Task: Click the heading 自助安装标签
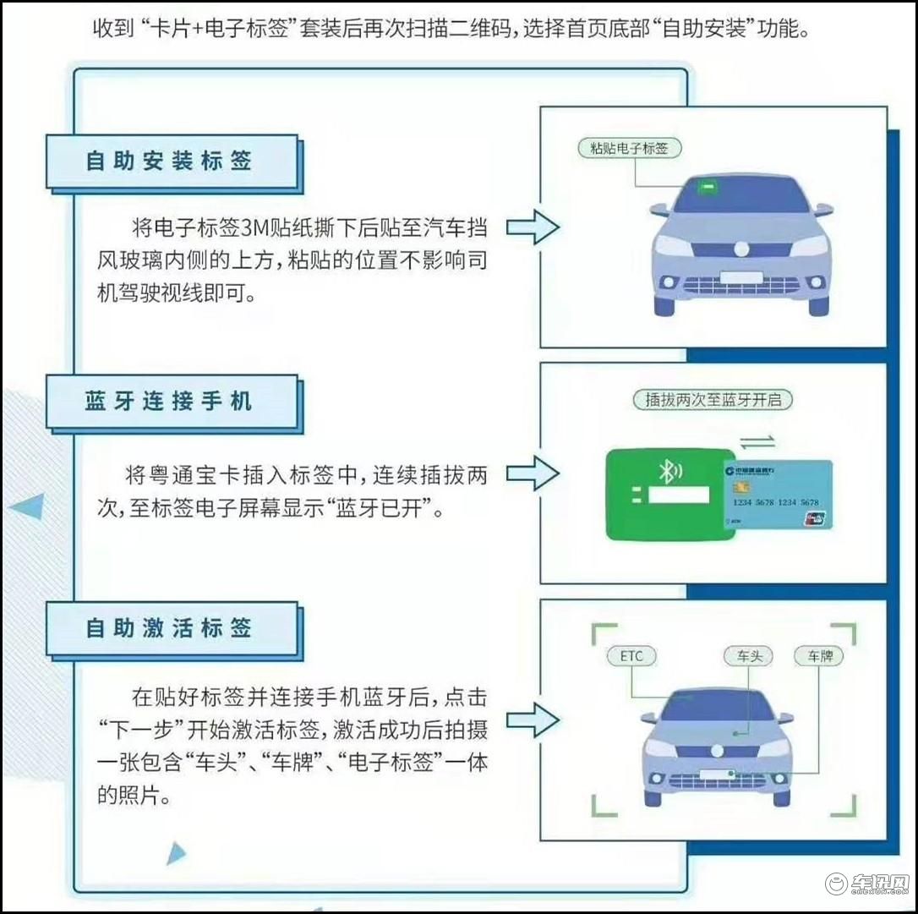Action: pyautogui.click(x=168, y=161)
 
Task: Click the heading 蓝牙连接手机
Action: pyautogui.click(x=168, y=401)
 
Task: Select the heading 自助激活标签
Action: pyautogui.click(x=168, y=627)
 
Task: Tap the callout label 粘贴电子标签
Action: pyautogui.click(x=630, y=148)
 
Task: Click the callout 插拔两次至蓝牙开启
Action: pyautogui.click(x=713, y=400)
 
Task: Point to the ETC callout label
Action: pyautogui.click(x=631, y=656)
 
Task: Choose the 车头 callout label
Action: pyautogui.click(x=749, y=656)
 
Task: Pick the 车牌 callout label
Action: pyautogui.click(x=819, y=656)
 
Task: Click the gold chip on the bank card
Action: pyautogui.click(x=742, y=486)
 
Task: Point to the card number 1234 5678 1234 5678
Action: pyautogui.click(x=776, y=502)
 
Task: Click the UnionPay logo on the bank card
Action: pyautogui.click(x=814, y=518)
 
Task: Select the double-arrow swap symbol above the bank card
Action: pyautogui.click(x=757, y=441)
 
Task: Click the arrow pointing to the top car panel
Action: pyautogui.click(x=533, y=227)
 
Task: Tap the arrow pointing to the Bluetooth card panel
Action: pyautogui.click(x=533, y=473)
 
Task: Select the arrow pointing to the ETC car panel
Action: pyautogui.click(x=533, y=720)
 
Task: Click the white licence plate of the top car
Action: pyautogui.click(x=741, y=277)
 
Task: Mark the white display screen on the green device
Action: pyautogui.click(x=679, y=495)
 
